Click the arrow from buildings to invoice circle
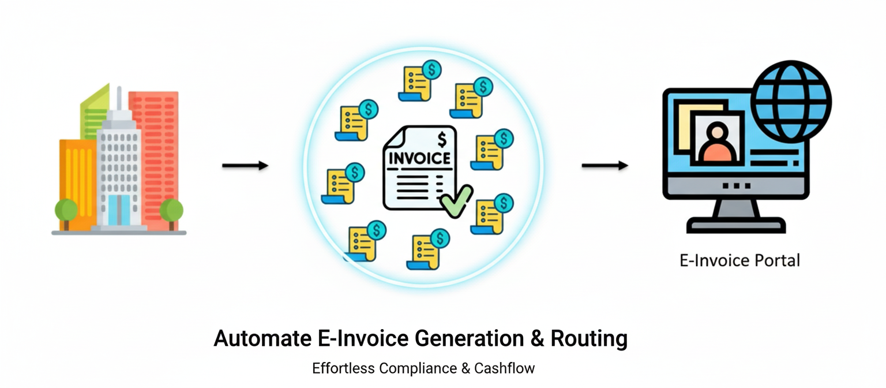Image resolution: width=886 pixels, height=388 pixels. [x=245, y=166]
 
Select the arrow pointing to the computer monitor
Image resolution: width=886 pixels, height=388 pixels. [x=605, y=166]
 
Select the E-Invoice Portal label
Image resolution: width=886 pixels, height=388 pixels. [x=739, y=260]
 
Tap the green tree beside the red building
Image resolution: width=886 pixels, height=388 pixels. [x=171, y=210]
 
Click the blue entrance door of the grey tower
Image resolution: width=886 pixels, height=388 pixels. [x=119, y=210]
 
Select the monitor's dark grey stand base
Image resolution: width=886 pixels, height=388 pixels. [x=735, y=225]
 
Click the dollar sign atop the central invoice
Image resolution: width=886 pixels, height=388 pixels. [x=442, y=139]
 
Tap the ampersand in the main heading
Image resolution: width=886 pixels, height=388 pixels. [x=537, y=338]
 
